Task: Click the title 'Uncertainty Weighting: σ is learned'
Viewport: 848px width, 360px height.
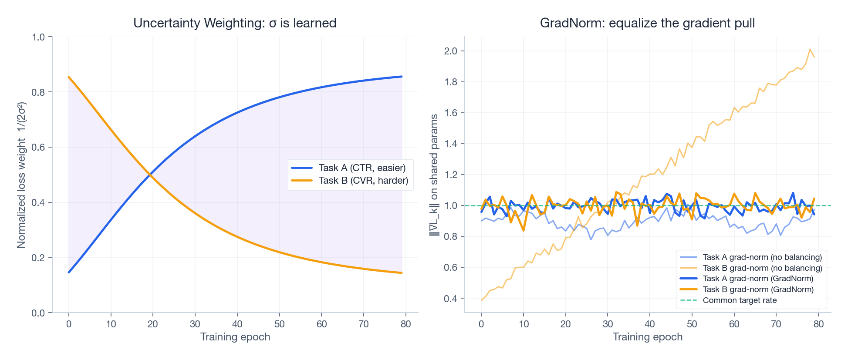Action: pyautogui.click(x=235, y=23)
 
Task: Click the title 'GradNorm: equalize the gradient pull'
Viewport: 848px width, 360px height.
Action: pyautogui.click(x=647, y=23)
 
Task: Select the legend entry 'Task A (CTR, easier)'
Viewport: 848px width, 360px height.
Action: pyautogui.click(x=361, y=168)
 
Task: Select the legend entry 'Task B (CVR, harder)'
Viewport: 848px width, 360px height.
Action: pyautogui.click(x=363, y=181)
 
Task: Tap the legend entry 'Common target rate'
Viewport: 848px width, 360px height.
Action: pyautogui.click(x=740, y=300)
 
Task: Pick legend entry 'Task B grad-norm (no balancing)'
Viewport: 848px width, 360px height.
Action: pyautogui.click(x=762, y=268)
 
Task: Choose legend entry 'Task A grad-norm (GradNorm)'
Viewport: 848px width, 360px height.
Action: pyautogui.click(x=758, y=279)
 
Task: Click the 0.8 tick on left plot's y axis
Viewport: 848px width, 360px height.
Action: pyautogui.click(x=39, y=92)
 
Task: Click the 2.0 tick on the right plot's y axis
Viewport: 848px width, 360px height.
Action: pyautogui.click(x=451, y=51)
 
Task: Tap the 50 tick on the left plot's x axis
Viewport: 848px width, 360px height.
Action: pyautogui.click(x=279, y=324)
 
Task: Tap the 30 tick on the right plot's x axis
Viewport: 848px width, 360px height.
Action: pyautogui.click(x=608, y=324)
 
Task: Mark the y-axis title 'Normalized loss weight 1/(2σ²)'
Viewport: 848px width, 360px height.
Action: pyautogui.click(x=22, y=175)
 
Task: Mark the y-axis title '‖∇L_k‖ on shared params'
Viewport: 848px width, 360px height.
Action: pyautogui.click(x=434, y=175)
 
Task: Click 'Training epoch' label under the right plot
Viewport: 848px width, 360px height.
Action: pyautogui.click(x=647, y=337)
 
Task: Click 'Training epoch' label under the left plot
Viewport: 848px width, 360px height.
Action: pyautogui.click(x=235, y=337)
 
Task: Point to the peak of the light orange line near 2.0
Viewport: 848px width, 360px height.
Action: pyautogui.click(x=810, y=49)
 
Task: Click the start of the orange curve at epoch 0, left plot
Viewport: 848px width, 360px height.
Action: pyautogui.click(x=69, y=77)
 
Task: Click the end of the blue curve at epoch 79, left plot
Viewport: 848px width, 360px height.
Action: pyautogui.click(x=402, y=77)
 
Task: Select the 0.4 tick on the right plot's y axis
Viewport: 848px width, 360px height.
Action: pyautogui.click(x=451, y=299)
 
